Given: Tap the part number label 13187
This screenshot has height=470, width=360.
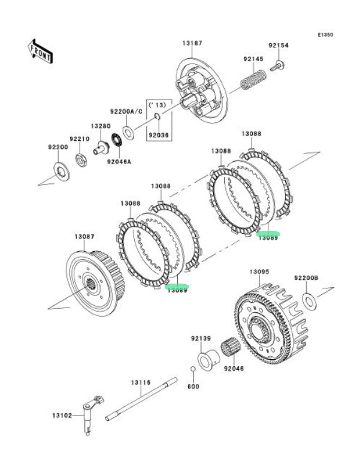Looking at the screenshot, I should [x=192, y=43].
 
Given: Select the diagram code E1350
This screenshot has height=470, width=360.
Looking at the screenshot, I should [x=325, y=35].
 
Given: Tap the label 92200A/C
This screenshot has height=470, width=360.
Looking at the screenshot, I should [x=126, y=112].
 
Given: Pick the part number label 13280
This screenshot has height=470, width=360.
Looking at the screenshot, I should [x=100, y=126].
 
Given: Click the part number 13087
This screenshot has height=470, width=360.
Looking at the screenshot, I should [x=84, y=237].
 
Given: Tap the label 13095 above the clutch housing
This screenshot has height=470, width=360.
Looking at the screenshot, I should [x=259, y=272].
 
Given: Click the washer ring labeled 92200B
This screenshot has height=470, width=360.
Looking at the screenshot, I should [x=308, y=299].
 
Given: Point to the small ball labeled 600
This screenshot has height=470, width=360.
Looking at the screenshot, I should [x=193, y=369].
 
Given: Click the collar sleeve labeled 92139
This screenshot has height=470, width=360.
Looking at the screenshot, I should [x=207, y=357].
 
